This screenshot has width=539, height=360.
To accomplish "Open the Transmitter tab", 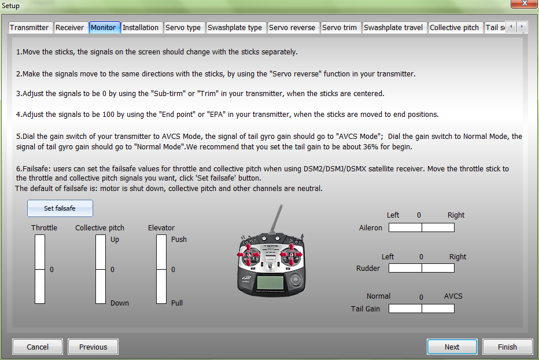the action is (x=30, y=28).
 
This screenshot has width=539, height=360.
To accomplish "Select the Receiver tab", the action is (x=70, y=28).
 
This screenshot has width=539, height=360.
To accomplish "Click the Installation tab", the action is (x=141, y=28).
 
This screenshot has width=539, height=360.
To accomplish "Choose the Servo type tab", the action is (x=183, y=28).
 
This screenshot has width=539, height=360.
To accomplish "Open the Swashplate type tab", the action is (x=235, y=28).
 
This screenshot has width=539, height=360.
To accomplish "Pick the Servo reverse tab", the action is (x=292, y=28).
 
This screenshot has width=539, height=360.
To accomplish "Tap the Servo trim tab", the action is (x=339, y=28).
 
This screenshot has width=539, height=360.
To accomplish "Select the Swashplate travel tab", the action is (x=394, y=28).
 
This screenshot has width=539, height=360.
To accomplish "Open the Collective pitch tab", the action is (x=455, y=28).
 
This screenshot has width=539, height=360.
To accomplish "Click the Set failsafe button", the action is (x=60, y=208).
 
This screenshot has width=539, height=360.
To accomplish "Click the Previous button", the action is (x=93, y=347).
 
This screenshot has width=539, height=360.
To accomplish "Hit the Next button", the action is (x=452, y=347).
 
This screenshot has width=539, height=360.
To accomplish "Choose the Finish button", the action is (x=507, y=347).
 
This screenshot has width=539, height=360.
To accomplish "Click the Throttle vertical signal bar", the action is (x=40, y=269).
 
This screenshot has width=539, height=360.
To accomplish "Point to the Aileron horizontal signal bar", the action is (x=422, y=227).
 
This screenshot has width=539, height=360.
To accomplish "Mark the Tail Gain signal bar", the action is (x=422, y=308).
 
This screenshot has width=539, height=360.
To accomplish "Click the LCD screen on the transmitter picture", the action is (x=271, y=283).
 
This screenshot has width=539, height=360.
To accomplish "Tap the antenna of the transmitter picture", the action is (x=276, y=218).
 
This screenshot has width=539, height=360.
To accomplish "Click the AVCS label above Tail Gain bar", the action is (x=453, y=296).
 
